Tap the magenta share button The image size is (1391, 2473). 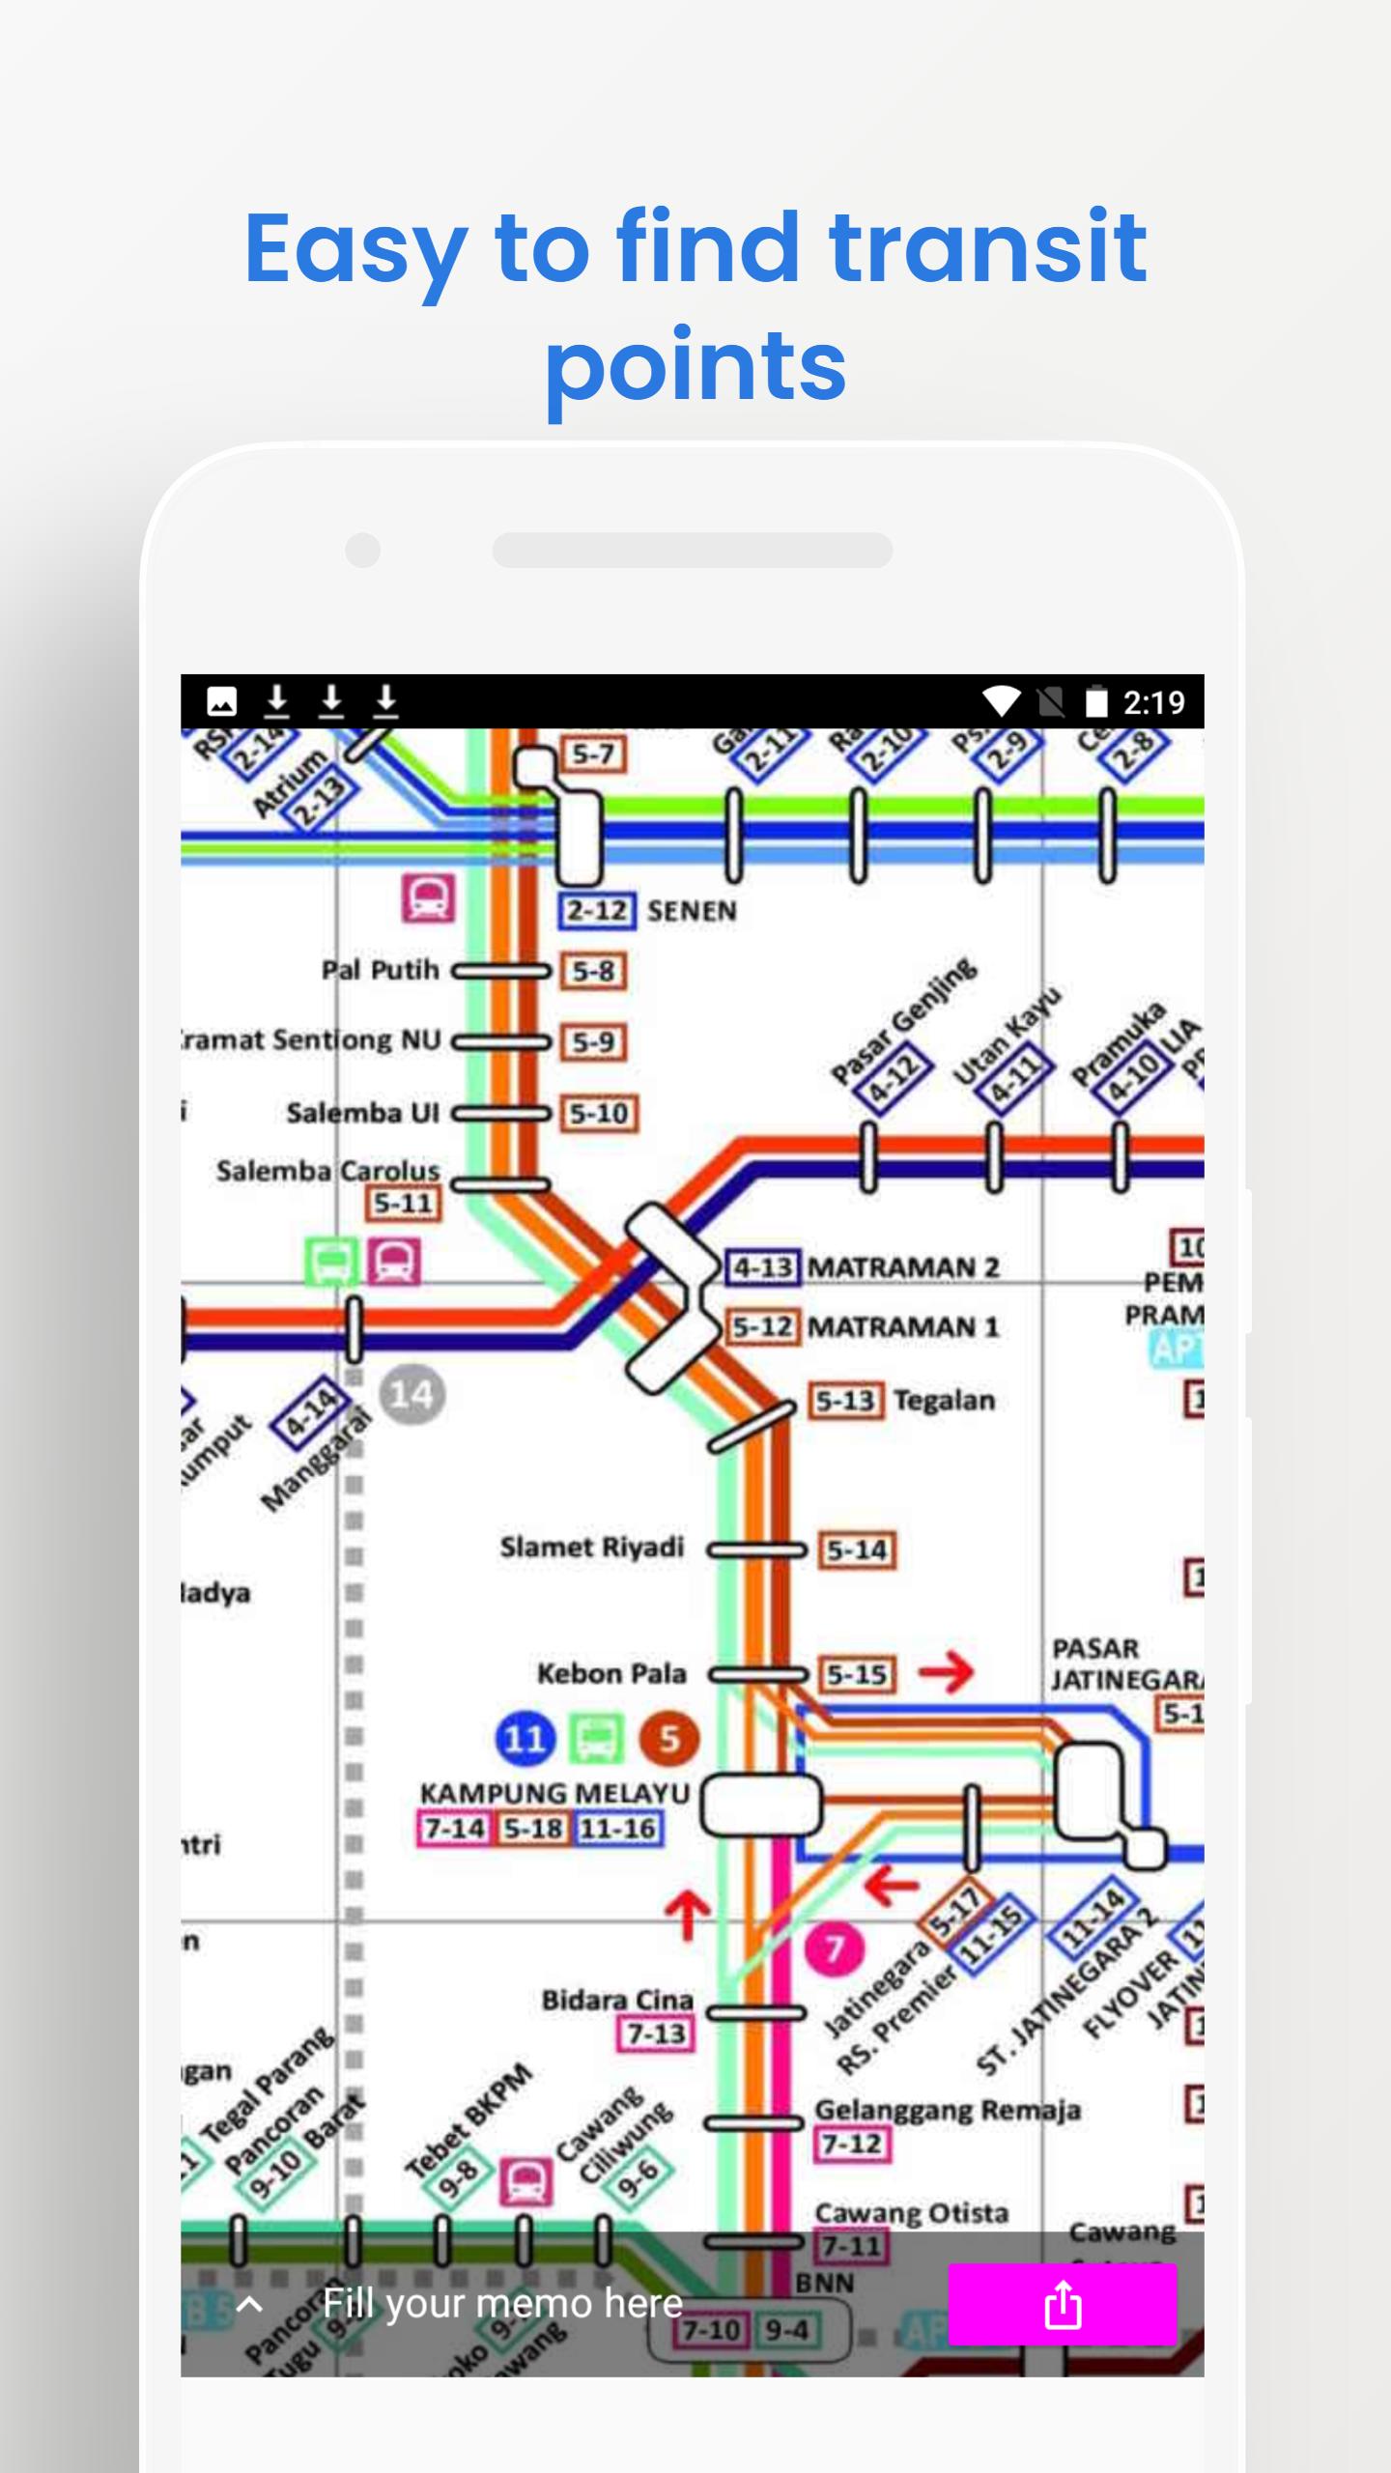[x=1062, y=2304]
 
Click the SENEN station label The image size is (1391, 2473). [x=692, y=911]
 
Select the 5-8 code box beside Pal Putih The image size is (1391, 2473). [x=593, y=971]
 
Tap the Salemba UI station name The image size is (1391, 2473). [x=362, y=1113]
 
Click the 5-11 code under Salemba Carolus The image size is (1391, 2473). [x=403, y=1204]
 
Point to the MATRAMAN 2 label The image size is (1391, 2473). [x=902, y=1266]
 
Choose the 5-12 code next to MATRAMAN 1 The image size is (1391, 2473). [x=762, y=1326]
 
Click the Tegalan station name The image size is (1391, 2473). [x=944, y=1400]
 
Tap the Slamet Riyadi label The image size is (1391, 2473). [x=591, y=1547]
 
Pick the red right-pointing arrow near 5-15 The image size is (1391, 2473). [x=946, y=1672]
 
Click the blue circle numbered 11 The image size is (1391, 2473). [x=525, y=1739]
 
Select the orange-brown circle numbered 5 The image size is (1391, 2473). [x=668, y=1739]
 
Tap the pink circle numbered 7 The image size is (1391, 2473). [x=834, y=1949]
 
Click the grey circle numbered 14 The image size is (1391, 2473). [x=412, y=1394]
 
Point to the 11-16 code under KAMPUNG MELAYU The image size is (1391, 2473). [x=618, y=1829]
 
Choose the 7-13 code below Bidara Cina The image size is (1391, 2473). [x=656, y=2033]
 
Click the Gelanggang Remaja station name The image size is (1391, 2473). [x=947, y=2110]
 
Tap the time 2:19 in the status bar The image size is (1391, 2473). [x=1153, y=702]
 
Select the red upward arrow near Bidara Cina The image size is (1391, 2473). [x=687, y=1915]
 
